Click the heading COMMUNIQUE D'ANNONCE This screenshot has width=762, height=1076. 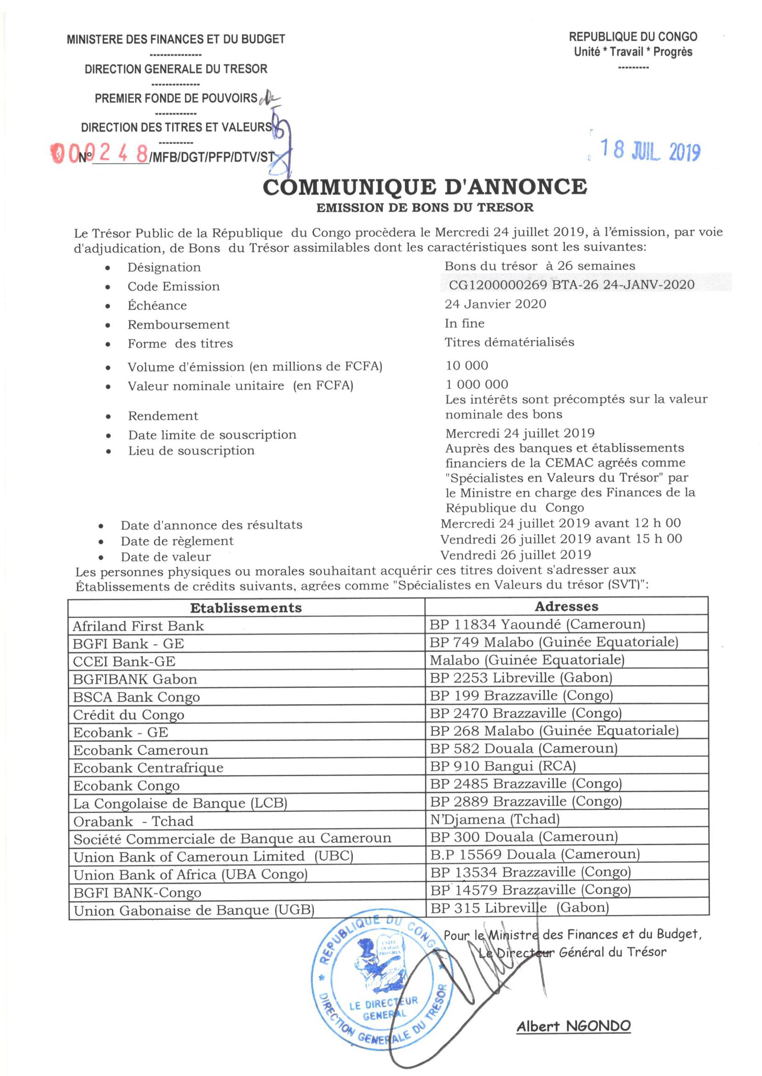point(425,187)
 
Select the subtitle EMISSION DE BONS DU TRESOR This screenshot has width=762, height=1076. point(425,207)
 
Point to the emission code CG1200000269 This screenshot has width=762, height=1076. point(497,285)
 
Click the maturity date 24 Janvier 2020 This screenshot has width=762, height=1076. point(496,304)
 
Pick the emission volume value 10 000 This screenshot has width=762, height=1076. point(467,365)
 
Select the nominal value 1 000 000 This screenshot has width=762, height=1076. point(477,385)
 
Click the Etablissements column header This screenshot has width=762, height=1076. point(246,608)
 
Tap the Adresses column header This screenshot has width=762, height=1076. point(566,606)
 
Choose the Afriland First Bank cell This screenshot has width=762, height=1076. point(139,626)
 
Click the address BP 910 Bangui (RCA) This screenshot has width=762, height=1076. point(502,766)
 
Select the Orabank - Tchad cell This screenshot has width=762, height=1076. point(133,821)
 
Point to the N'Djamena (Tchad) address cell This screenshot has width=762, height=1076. point(495,819)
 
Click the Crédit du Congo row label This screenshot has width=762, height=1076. point(128,715)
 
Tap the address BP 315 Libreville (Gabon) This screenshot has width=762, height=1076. point(520,908)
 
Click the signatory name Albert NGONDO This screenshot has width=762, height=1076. point(573,1026)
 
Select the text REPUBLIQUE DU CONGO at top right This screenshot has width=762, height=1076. point(633,37)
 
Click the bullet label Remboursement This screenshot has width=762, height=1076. point(178,325)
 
